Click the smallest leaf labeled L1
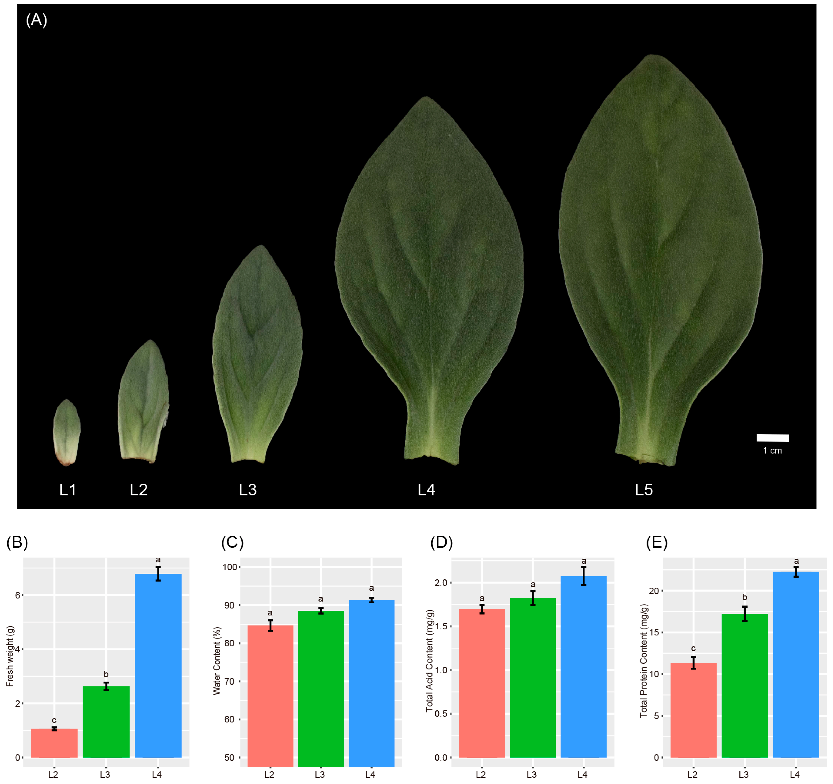coord(67,432)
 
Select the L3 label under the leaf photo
coord(248,490)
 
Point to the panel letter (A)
coord(37,20)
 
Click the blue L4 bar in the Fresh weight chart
coord(158,667)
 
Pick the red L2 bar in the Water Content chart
coord(270,696)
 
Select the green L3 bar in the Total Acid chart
coord(533,679)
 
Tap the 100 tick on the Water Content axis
coord(230,567)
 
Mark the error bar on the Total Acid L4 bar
coord(584,576)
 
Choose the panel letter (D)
coord(442,543)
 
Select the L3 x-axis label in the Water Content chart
coord(320,774)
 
